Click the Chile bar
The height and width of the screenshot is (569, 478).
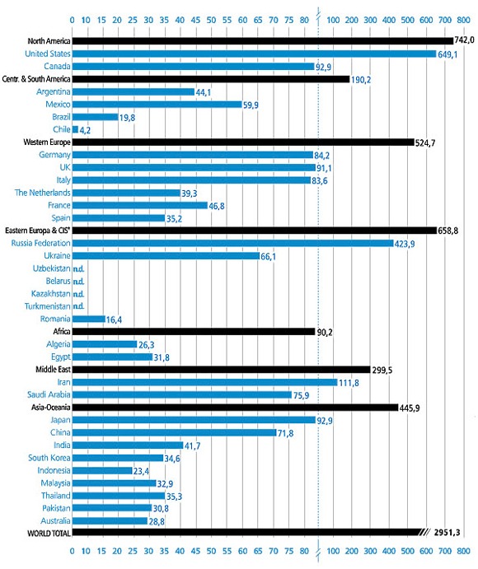point(75,129)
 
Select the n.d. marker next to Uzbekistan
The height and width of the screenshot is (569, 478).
point(80,268)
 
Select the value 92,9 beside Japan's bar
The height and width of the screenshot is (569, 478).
point(328,421)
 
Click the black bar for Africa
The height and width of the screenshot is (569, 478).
point(194,332)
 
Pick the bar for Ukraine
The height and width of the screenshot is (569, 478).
point(166,256)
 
